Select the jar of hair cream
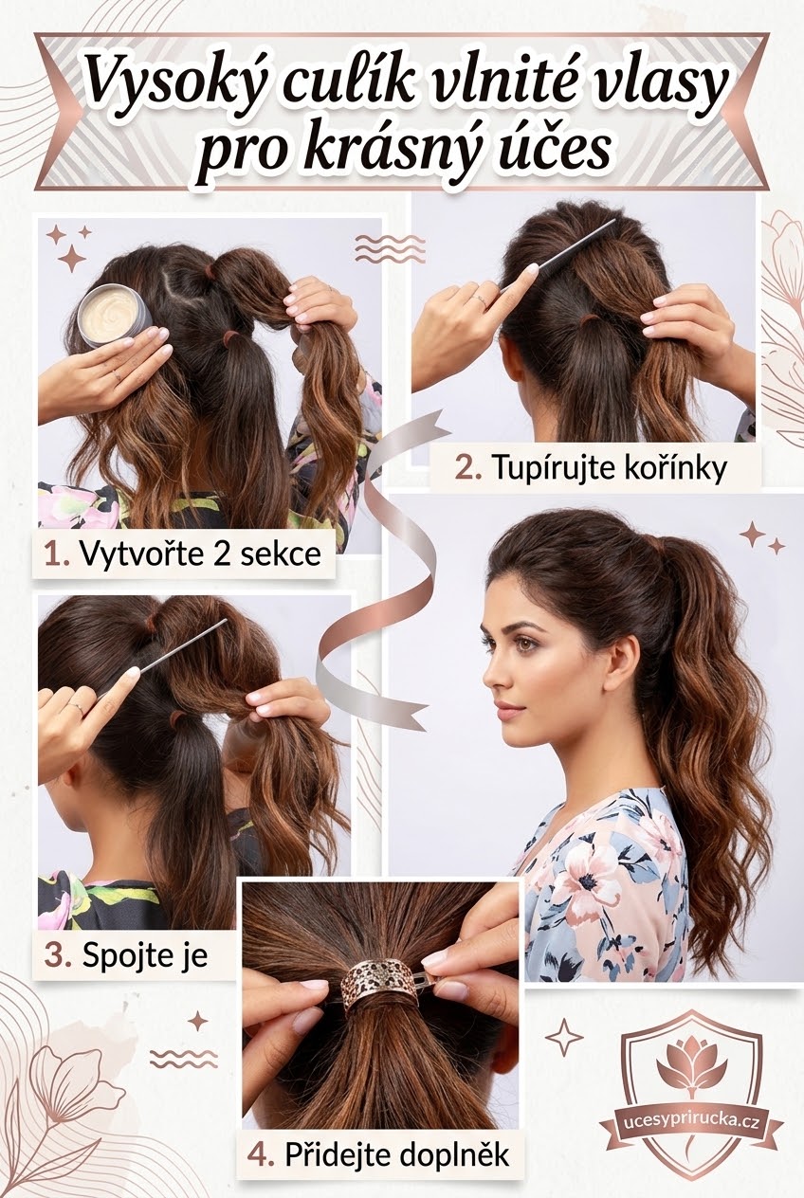(x=115, y=315)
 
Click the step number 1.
(x=56, y=554)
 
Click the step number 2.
(x=468, y=468)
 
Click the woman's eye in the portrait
(x=528, y=645)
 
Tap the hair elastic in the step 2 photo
(x=591, y=319)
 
